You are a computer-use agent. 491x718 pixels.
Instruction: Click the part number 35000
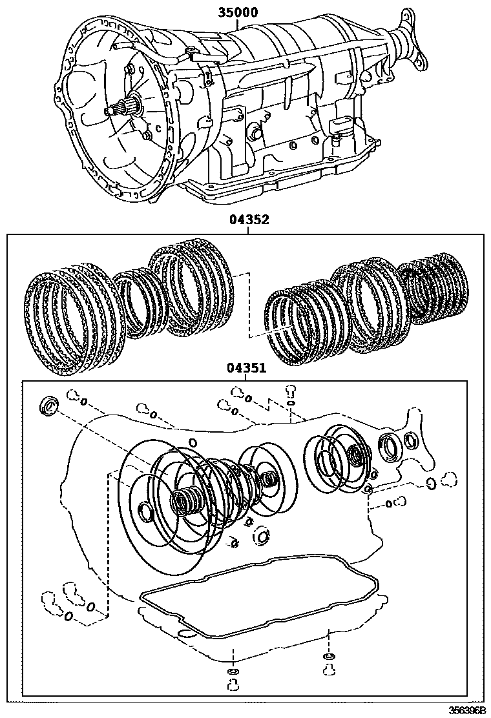coord(238,12)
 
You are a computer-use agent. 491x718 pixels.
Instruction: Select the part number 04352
coord(249,220)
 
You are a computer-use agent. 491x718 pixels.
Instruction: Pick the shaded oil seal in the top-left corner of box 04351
coord(48,405)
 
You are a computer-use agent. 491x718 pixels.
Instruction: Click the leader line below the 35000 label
coord(238,23)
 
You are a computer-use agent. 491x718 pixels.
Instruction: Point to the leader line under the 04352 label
coord(249,230)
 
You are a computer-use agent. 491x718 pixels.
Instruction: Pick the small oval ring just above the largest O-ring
coord(193,442)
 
